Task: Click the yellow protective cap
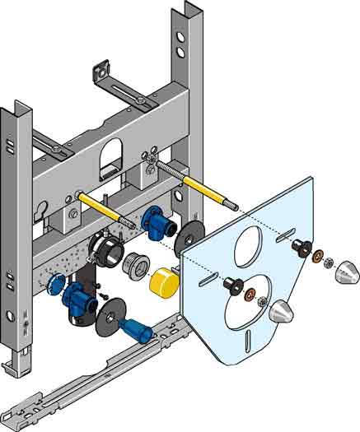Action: click(x=166, y=282)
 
